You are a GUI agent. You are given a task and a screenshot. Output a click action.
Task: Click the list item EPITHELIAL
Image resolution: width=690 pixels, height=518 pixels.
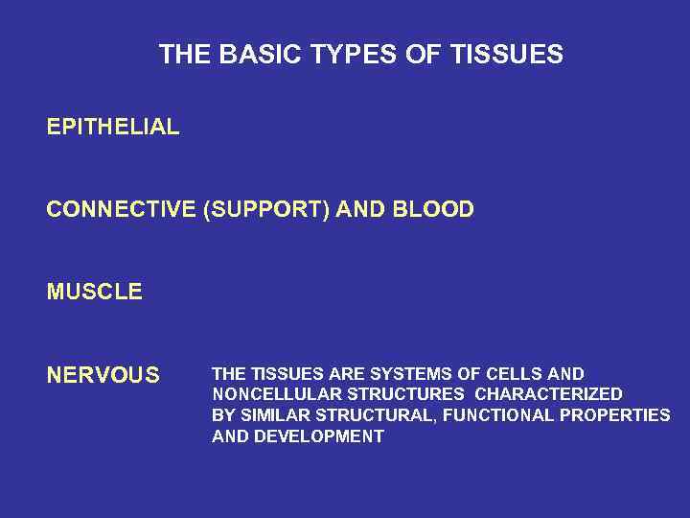112,127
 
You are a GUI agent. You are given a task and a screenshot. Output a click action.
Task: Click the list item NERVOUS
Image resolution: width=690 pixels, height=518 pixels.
103,375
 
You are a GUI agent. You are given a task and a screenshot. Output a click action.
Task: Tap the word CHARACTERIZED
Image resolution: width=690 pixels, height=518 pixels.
549,394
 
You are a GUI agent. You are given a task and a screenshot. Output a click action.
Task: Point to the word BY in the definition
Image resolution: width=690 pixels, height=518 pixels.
222,415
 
